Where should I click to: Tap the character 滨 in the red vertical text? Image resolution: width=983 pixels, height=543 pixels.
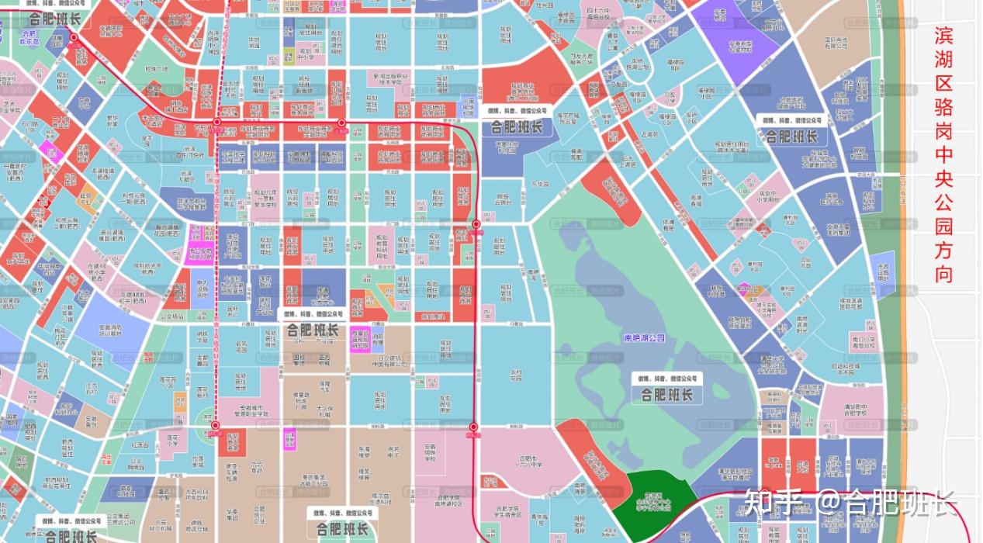click(943, 36)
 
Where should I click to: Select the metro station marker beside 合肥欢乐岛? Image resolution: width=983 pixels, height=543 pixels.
click(74, 37)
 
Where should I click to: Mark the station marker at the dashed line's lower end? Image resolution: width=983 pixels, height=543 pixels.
click(216, 426)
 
